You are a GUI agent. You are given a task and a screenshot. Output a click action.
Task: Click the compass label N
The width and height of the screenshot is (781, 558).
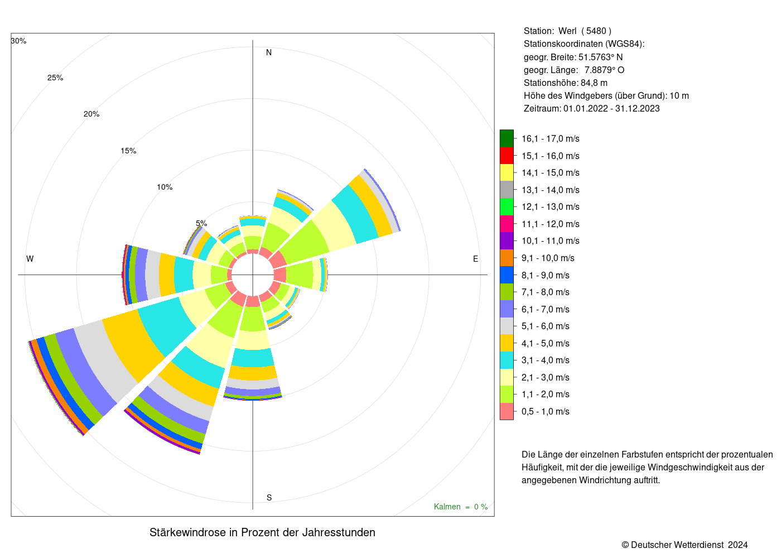click(269, 52)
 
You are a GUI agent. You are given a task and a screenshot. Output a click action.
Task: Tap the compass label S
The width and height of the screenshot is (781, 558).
click(269, 498)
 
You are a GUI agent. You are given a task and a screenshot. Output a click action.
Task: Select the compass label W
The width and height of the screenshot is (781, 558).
click(30, 259)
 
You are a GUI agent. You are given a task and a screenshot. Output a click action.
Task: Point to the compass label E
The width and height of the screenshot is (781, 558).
click(475, 259)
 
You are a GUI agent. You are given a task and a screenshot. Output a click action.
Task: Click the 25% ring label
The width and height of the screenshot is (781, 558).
click(55, 78)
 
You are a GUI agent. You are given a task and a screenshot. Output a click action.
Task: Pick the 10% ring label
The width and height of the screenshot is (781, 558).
click(165, 187)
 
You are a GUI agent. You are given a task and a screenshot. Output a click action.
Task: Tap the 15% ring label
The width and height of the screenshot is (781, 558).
click(128, 151)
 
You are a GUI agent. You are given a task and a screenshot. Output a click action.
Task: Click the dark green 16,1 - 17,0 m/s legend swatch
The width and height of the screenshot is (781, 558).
click(507, 138)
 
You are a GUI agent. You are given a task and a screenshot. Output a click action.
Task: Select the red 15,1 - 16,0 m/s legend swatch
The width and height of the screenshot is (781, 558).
click(507, 156)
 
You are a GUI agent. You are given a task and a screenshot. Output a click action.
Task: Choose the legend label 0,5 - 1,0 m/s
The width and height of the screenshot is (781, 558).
click(546, 412)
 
